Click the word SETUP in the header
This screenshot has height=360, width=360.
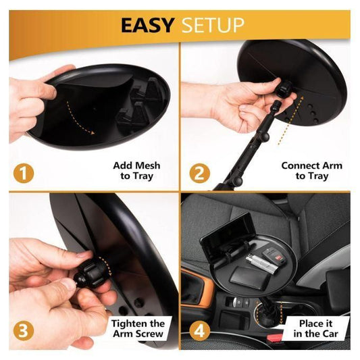click(210, 26)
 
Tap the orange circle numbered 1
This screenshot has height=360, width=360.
click(24, 172)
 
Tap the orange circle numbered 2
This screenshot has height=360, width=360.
click(198, 172)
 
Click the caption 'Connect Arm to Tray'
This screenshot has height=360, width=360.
click(311, 171)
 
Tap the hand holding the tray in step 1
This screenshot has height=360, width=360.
click(30, 101)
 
